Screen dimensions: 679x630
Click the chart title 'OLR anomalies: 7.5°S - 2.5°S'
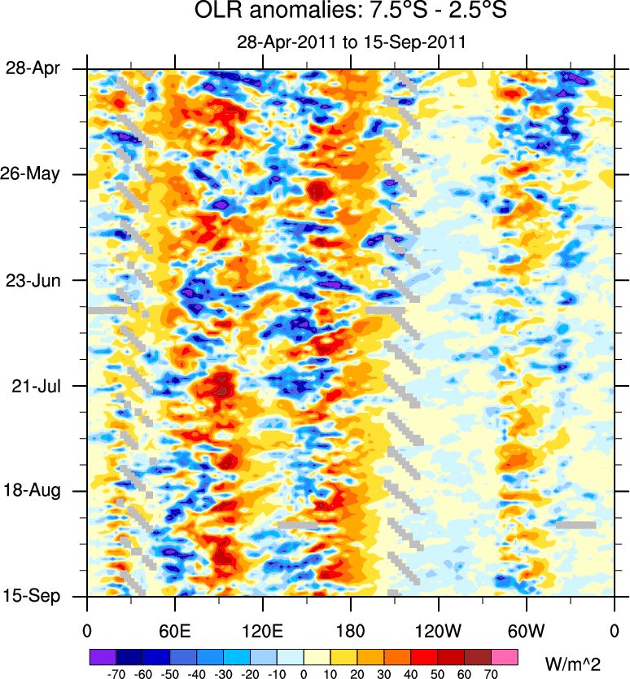(x=350, y=13)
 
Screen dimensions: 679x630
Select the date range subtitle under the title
(x=350, y=42)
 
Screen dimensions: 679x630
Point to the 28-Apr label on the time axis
(x=37, y=69)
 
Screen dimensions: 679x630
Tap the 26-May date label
(x=37, y=174)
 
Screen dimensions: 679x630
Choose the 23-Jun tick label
(x=37, y=280)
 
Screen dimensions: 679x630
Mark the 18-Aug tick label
(x=37, y=491)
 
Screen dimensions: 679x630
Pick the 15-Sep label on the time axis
(x=37, y=597)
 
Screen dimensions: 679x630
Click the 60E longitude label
(x=174, y=631)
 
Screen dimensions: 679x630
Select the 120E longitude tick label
(x=262, y=631)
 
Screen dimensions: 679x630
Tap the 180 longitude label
(x=350, y=631)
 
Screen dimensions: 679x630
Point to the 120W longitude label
(x=438, y=631)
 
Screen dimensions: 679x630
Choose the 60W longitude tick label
(x=526, y=631)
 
